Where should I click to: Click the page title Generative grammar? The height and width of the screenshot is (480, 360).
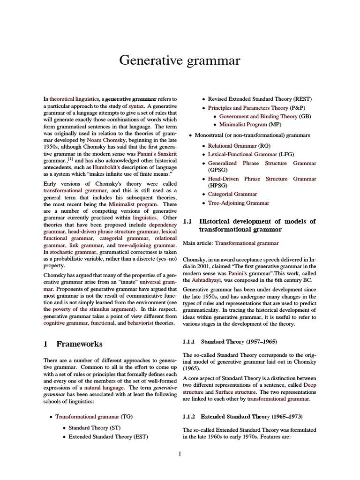pyautogui.click(x=180, y=60)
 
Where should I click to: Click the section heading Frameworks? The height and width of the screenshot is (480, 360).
pyautogui.click(x=79, y=344)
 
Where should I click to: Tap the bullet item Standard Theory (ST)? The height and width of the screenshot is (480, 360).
pyautogui.click(x=95, y=427)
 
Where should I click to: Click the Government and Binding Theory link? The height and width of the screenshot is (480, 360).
pyautogui.click(x=258, y=116)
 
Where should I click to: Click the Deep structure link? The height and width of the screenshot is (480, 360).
pyautogui.click(x=310, y=384)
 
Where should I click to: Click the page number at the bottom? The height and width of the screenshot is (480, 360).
pyautogui.click(x=180, y=453)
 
